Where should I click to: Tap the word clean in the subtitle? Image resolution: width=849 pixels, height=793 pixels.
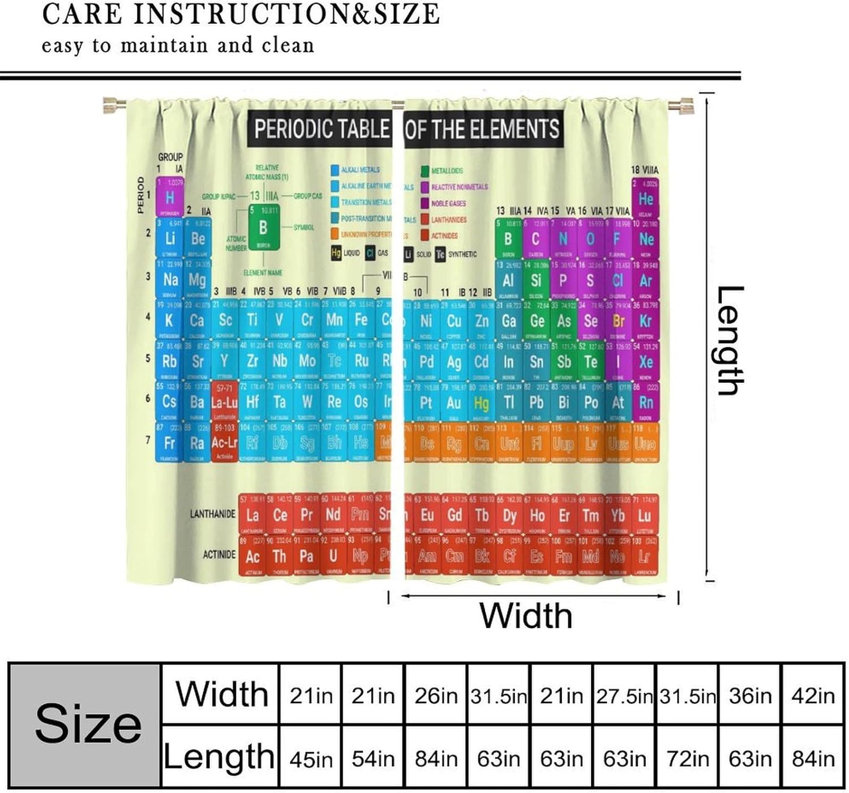288,45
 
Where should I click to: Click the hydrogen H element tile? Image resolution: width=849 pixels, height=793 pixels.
169,198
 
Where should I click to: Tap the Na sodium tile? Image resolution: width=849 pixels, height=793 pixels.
170,280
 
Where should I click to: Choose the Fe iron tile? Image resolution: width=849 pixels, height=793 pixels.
361,320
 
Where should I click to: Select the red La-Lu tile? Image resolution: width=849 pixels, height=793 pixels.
224,402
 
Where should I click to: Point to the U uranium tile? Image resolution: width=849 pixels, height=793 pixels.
333,556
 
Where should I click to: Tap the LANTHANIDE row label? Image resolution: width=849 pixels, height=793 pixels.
212,514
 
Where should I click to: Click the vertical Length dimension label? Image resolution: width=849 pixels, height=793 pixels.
728,340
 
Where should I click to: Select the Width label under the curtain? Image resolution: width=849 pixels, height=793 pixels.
526,615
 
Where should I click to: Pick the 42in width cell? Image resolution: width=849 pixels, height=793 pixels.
813,695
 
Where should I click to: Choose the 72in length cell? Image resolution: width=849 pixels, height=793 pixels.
687,758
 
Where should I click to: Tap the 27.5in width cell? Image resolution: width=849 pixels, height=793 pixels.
624,695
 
